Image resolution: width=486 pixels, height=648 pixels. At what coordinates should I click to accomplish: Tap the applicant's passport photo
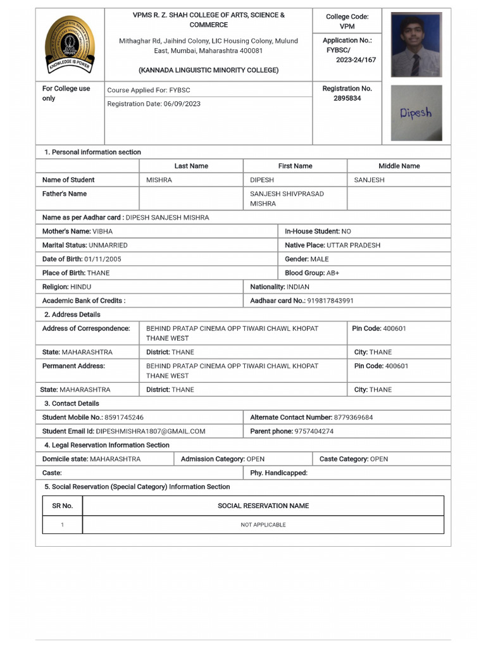point(416,45)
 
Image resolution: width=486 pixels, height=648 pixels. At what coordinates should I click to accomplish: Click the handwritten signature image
point(416,113)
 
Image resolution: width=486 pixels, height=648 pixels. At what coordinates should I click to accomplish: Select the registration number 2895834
point(347,99)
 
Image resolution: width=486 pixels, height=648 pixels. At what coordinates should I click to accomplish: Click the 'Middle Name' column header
point(399,166)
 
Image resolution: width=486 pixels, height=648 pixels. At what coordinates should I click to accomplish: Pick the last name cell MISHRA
point(159,180)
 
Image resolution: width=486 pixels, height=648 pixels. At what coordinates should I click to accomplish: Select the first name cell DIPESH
point(262,180)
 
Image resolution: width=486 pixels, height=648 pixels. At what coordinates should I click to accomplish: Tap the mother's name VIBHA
point(103,232)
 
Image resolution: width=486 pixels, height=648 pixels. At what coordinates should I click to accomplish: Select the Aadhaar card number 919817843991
point(330,301)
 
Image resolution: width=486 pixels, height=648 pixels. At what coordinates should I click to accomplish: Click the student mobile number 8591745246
point(124,418)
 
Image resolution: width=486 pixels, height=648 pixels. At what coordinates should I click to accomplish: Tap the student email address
point(151,432)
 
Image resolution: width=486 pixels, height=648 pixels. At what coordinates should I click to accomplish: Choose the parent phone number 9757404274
point(314,432)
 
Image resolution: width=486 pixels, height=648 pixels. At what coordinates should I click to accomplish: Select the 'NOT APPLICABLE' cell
point(263,525)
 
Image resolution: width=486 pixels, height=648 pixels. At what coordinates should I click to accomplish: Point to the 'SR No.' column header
point(62,506)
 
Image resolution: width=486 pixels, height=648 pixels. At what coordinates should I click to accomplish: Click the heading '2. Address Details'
point(72,315)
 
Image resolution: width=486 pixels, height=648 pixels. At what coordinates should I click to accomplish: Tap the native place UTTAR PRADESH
point(354,246)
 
